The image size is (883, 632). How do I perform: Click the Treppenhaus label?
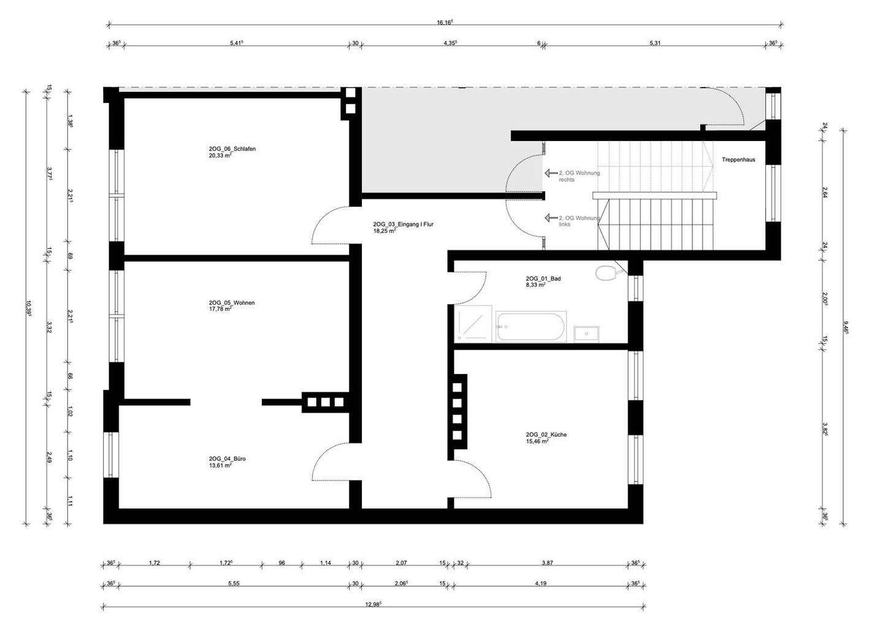pos(738,159)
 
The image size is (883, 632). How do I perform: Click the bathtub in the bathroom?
pos(531,327)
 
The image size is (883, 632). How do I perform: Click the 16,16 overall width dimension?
pos(445,22)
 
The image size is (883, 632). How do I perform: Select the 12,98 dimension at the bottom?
pos(373,604)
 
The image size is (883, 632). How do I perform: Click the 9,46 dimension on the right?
pos(846,327)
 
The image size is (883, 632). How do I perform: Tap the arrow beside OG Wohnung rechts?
pos(550,173)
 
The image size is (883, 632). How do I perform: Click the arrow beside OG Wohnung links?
pos(550,218)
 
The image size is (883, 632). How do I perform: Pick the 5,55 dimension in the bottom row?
pos(233,583)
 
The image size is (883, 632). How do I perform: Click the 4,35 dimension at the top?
pos(450,43)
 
